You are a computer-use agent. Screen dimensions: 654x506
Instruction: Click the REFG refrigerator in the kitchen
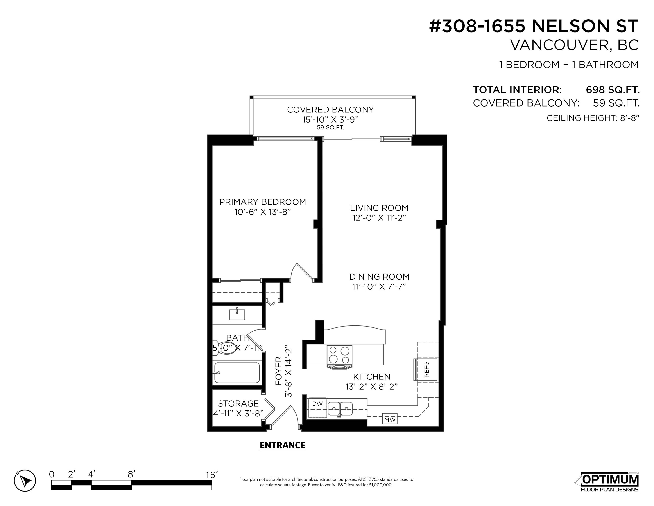point(426,370)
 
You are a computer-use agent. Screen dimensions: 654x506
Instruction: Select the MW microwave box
point(390,419)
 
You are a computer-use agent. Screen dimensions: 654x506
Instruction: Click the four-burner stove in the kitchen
point(339,357)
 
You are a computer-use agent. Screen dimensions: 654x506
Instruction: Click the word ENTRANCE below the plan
point(282,445)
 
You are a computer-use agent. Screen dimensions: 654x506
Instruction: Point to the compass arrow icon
point(25,481)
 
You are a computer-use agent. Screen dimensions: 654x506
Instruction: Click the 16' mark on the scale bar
point(211,475)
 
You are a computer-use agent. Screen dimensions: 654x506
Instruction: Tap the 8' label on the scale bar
point(131,474)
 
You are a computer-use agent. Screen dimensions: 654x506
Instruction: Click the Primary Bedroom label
point(263,202)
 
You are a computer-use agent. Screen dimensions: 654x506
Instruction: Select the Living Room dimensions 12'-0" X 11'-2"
point(379,218)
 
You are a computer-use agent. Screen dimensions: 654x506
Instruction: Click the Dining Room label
point(379,276)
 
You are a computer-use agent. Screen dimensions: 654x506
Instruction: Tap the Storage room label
point(238,403)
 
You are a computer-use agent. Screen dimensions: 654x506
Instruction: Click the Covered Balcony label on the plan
point(330,110)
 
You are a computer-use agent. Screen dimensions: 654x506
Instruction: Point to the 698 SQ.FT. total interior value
point(613,90)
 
